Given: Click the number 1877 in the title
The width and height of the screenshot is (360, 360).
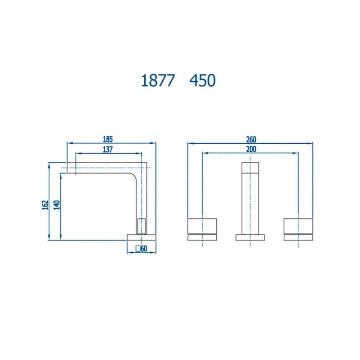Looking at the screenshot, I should [157, 81].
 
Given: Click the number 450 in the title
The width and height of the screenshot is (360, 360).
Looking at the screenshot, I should [202, 81].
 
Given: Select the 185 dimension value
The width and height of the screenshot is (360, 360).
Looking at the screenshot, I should [108, 139].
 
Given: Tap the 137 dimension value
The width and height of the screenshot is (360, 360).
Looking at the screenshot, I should [107, 149].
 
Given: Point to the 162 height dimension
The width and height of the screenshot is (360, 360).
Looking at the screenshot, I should [45, 205].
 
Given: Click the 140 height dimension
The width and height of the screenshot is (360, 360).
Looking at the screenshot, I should [56, 205].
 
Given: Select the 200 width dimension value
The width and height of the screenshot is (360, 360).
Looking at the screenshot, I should [251, 149].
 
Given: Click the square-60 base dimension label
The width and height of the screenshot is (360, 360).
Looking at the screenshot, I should [141, 248].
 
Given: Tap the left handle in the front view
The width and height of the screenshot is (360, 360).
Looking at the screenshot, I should [202, 225].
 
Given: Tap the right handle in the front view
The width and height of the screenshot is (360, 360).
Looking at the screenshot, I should [298, 225].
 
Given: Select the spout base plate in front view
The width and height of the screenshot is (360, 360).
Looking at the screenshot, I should [250, 237].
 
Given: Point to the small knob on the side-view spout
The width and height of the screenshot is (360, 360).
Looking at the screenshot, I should [142, 226].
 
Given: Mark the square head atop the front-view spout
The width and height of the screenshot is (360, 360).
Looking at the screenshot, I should [250, 168].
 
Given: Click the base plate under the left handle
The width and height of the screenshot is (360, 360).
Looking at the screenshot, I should [202, 237].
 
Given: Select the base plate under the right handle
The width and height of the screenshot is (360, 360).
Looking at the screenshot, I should [298, 237].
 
